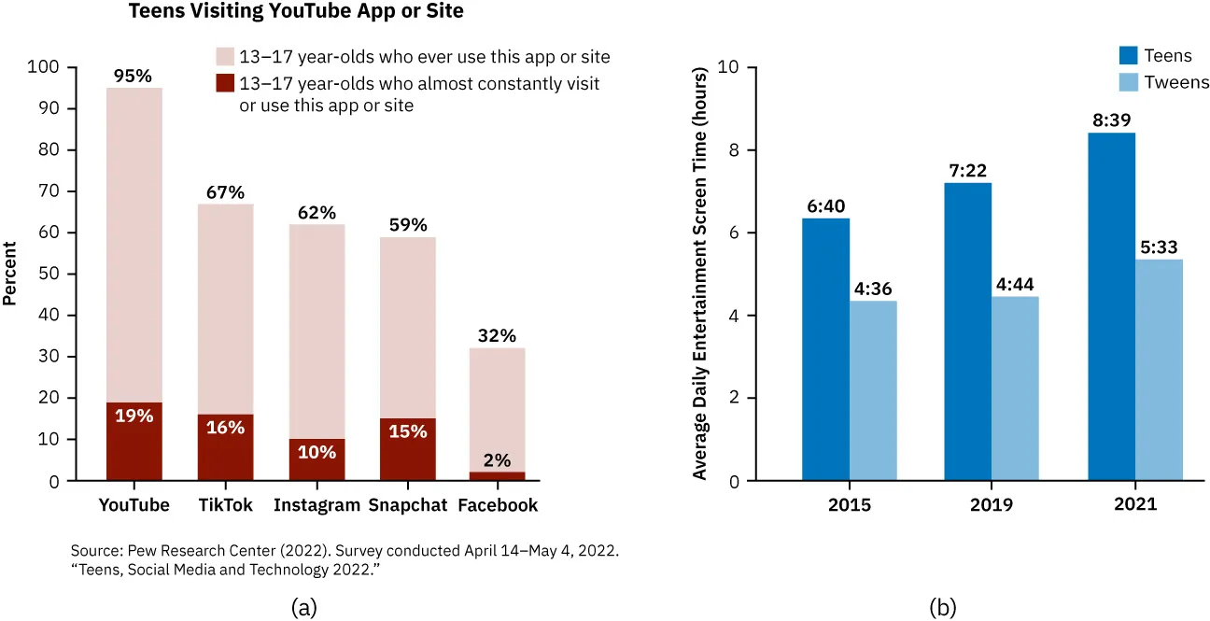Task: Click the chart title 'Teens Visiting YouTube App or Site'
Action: (x=296, y=12)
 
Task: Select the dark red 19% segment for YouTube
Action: (x=134, y=441)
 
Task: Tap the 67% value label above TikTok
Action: (x=225, y=192)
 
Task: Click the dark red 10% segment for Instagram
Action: (x=317, y=459)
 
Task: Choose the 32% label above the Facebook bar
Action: (x=497, y=336)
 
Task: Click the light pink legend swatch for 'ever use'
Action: (x=225, y=57)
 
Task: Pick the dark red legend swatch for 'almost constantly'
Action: (x=225, y=83)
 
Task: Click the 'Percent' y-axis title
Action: (x=10, y=274)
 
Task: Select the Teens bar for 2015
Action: (x=825, y=349)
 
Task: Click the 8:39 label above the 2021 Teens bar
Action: (x=1111, y=121)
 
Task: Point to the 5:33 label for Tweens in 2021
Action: (x=1159, y=248)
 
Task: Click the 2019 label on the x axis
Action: (x=992, y=505)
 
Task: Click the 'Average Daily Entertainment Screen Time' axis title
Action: (x=699, y=274)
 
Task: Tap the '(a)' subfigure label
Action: (x=303, y=608)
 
